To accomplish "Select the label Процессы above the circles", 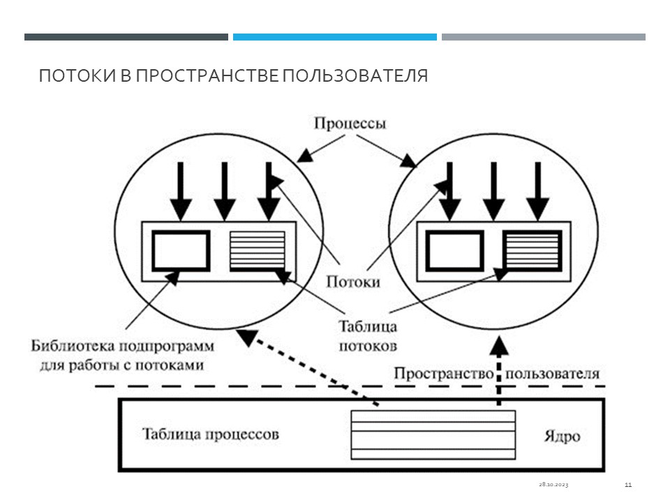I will [x=350, y=124].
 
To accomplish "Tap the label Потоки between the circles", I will [x=353, y=282].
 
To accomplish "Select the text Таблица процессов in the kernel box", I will [x=210, y=434].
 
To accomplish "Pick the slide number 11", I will [x=628, y=484].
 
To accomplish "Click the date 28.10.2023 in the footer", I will [x=553, y=484].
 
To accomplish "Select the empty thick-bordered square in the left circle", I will [x=181, y=250].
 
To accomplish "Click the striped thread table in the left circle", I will [x=258, y=250].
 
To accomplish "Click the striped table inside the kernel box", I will [x=433, y=435].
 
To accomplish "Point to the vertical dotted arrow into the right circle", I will [x=498, y=370].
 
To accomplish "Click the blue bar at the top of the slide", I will [x=334, y=37].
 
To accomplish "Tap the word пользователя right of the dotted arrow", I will [x=553, y=373].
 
